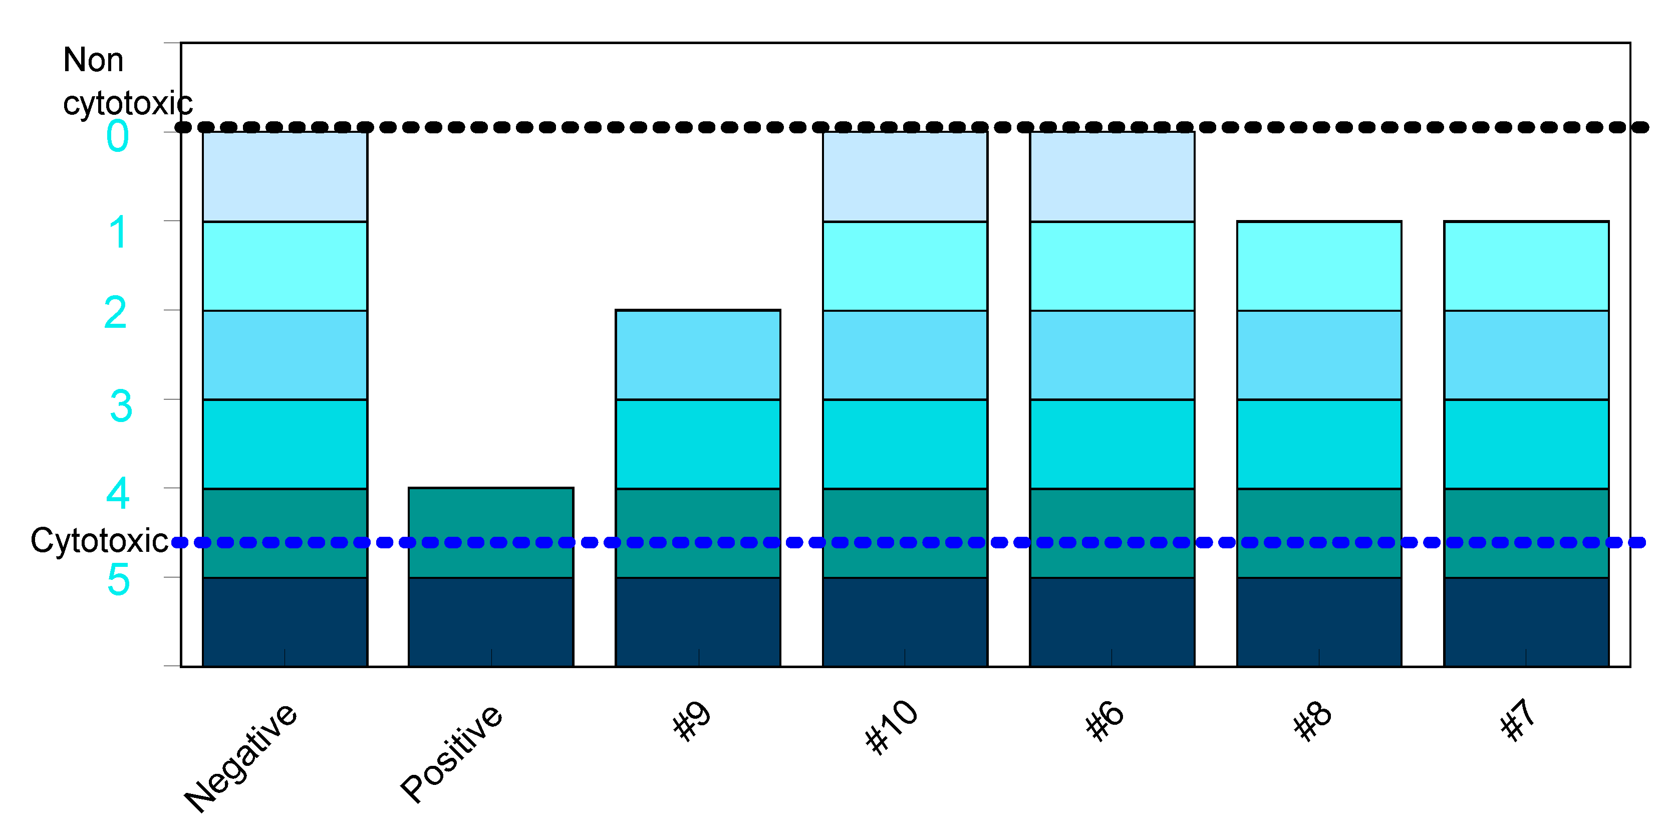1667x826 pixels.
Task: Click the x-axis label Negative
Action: point(241,757)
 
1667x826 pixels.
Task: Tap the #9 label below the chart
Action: point(692,720)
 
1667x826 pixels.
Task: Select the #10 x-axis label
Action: point(892,726)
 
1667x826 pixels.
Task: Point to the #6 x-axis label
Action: point(1104,720)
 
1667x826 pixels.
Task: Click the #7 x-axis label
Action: point(1518,719)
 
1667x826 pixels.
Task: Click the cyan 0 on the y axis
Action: point(117,137)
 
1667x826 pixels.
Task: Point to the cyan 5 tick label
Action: point(118,579)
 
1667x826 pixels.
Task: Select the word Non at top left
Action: point(93,60)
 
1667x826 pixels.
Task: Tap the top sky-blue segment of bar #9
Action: point(698,355)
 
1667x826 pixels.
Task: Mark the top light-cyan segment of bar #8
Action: point(1319,266)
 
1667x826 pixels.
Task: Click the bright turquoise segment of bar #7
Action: point(1526,444)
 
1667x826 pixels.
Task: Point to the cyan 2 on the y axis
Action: point(115,313)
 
